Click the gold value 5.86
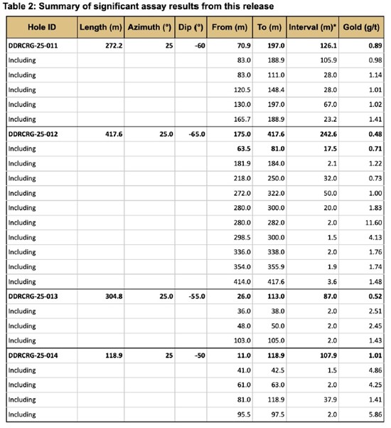click(372, 414)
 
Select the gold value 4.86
click(372, 370)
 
